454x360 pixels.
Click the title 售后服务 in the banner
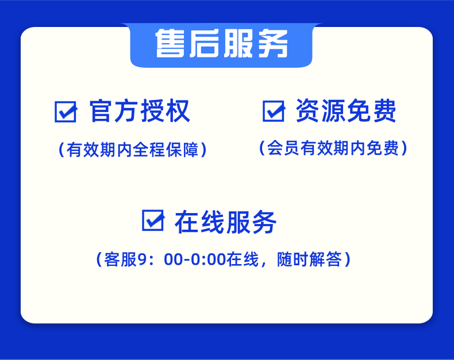(221, 44)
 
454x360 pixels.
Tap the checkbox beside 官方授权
(66, 111)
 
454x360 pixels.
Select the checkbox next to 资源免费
(274, 111)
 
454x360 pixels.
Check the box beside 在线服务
(153, 220)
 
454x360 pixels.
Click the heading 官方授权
(140, 111)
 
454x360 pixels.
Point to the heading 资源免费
(346, 111)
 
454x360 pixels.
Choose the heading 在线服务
(225, 222)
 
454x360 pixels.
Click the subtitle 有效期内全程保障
(133, 150)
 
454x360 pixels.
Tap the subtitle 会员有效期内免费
(333, 148)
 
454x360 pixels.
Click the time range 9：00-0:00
(182, 259)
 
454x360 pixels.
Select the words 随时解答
(310, 259)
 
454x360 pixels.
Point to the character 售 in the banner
(170, 44)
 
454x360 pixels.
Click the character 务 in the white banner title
(273, 44)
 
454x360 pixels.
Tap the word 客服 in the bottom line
(121, 259)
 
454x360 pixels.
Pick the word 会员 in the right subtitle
(283, 148)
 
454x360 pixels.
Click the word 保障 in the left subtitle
(182, 150)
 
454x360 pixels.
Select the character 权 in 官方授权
(178, 111)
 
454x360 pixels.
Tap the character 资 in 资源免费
(308, 111)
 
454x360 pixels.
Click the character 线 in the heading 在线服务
(213, 222)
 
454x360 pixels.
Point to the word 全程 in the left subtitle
(149, 150)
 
